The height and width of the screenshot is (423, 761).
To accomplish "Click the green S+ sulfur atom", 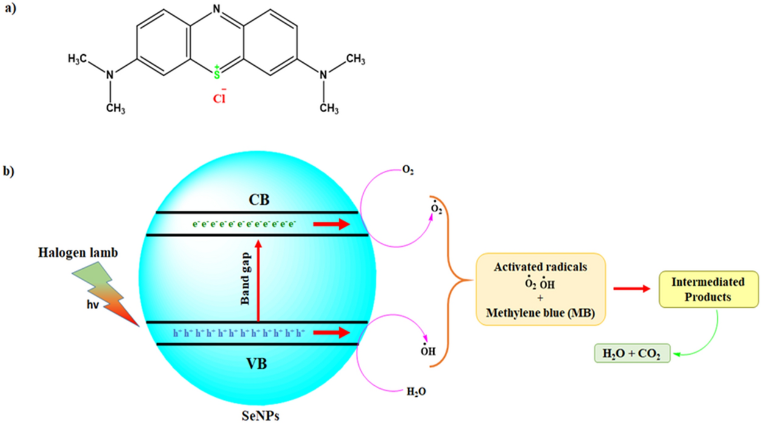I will click(x=216, y=75).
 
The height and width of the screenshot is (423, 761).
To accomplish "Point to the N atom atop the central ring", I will click(x=216, y=9).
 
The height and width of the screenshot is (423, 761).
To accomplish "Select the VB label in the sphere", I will click(x=258, y=364).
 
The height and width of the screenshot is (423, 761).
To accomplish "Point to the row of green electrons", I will click(x=244, y=224).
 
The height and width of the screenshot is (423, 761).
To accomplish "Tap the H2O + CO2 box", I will click(x=632, y=353).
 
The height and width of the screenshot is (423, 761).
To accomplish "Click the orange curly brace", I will click(x=454, y=280).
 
